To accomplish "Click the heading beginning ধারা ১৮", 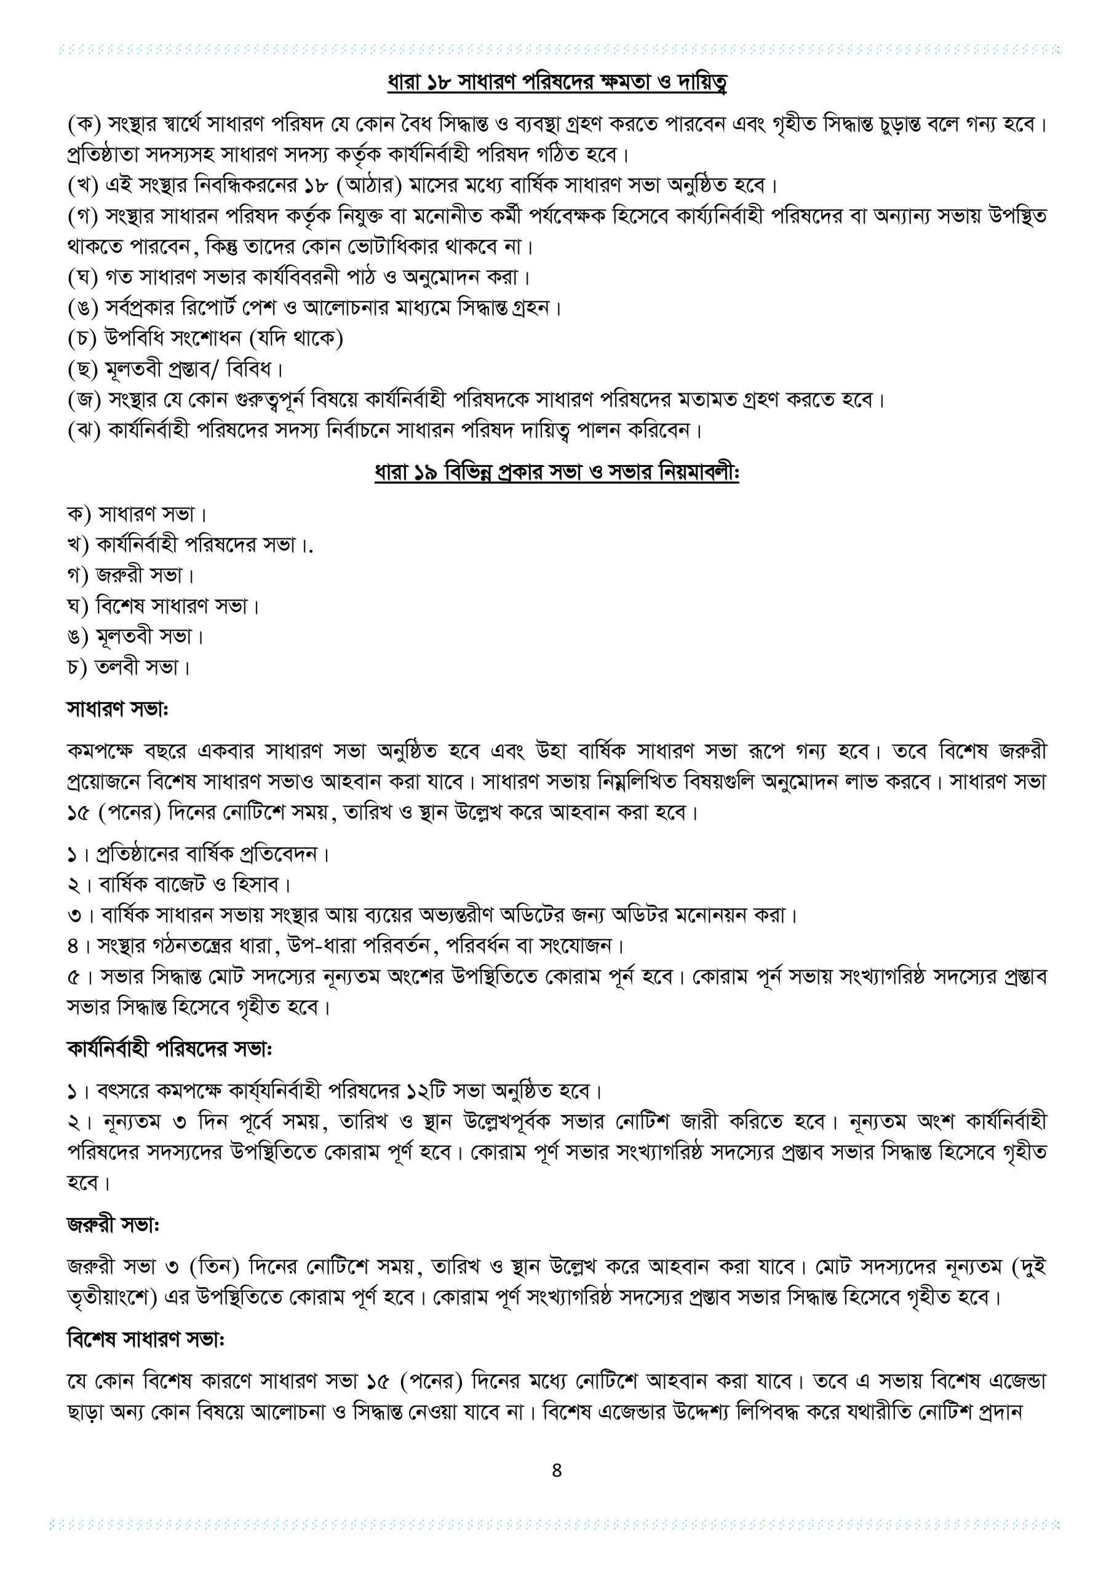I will click(x=556, y=83).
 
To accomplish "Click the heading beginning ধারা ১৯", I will click(x=556, y=473).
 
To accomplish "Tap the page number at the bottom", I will click(x=556, y=1470).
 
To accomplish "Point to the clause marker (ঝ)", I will click(x=84, y=431).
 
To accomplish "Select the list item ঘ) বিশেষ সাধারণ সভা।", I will click(x=163, y=606).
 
